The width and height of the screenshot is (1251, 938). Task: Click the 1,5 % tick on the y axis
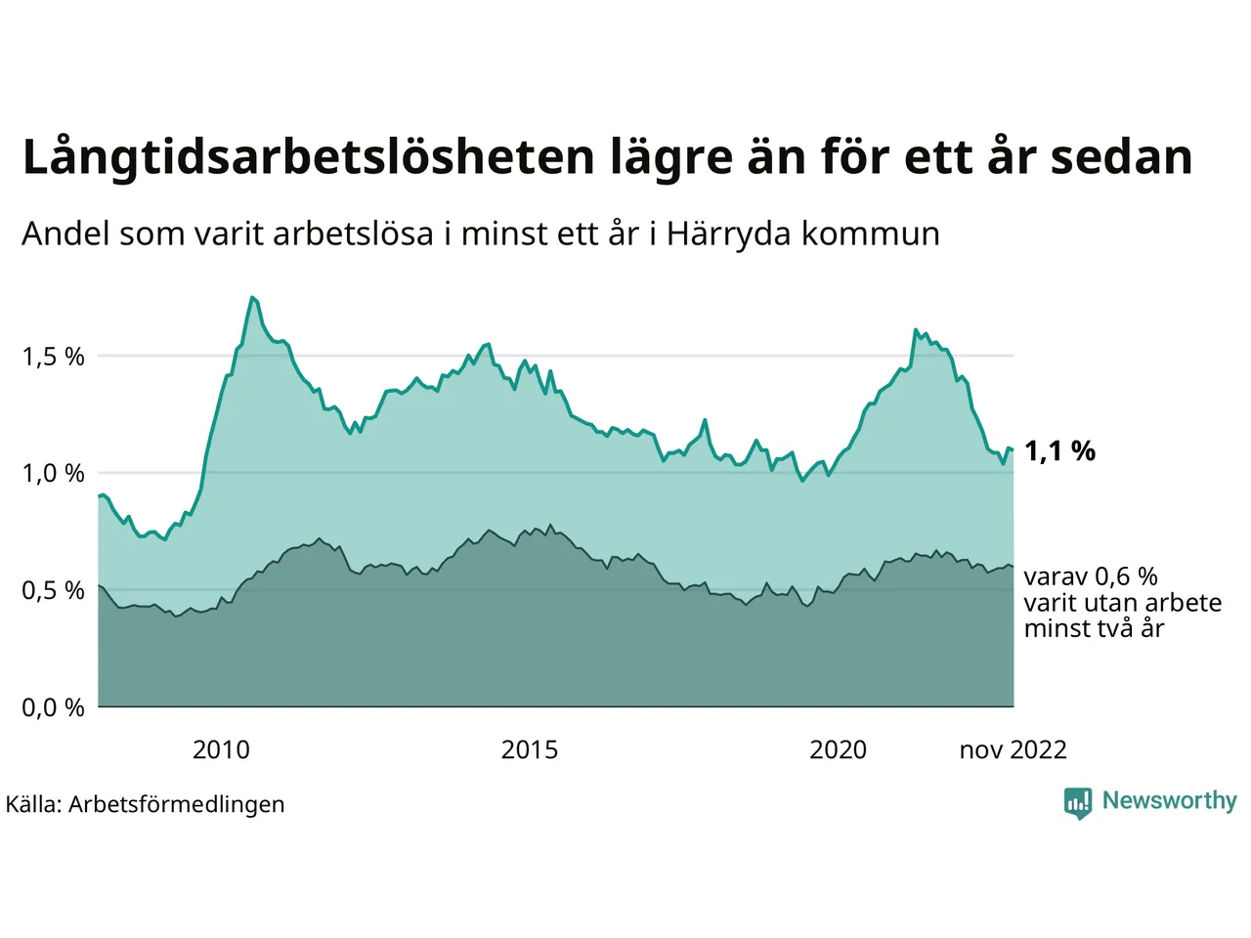pos(53,357)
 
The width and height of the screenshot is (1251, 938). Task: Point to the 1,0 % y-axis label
pos(53,474)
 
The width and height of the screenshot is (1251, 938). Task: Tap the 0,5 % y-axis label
pos(53,591)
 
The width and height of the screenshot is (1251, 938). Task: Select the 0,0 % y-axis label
pos(53,707)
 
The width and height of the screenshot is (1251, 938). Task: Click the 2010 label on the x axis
pos(221,749)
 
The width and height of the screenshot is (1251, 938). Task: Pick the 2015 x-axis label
pos(530,749)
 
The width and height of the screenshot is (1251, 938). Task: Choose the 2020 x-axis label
pos(838,749)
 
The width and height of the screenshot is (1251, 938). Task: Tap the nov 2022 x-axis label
pos(1013,749)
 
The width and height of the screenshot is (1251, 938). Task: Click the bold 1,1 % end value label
pos(1059,451)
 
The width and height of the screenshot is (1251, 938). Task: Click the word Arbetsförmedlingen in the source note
pos(177,804)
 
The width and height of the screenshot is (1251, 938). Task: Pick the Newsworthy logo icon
pos(1077,802)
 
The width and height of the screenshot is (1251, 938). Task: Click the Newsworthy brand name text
pos(1169,800)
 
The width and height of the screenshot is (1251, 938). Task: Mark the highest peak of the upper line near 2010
pos(252,297)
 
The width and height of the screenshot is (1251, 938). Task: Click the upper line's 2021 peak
pos(916,330)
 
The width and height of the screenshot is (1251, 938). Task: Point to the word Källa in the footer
pos(33,804)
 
